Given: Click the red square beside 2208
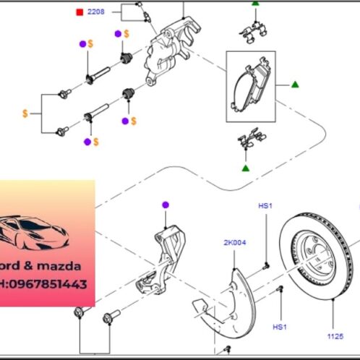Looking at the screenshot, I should point(80,12).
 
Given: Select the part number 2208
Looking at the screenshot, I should point(96,12).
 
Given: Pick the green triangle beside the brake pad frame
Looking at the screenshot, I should point(294,85).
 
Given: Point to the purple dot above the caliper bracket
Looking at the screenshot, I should point(166,205).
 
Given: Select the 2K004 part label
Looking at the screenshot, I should point(236,243).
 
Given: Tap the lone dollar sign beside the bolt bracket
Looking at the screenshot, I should point(25,113).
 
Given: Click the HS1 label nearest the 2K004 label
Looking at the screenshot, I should point(265,206).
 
